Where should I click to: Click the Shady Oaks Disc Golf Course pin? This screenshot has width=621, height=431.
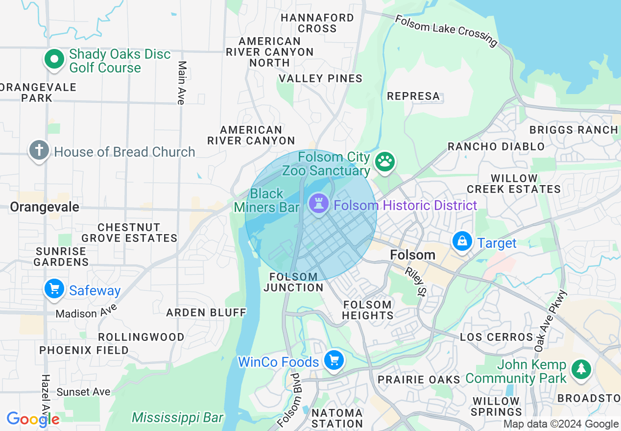[x=55, y=60]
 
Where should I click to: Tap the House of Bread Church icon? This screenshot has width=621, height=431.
[x=39, y=151]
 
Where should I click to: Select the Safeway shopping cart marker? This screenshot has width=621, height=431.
[x=54, y=289]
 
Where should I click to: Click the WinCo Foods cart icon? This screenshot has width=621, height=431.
[x=334, y=361]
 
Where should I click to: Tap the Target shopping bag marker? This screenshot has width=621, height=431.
[x=462, y=241]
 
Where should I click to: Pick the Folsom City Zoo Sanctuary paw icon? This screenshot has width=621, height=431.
[x=385, y=161]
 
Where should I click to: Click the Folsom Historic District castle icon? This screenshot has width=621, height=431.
[x=318, y=203]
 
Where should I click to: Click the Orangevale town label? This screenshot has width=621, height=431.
[x=45, y=207]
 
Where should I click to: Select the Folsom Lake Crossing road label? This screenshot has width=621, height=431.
[x=446, y=30]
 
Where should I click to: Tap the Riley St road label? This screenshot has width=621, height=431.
[x=414, y=281]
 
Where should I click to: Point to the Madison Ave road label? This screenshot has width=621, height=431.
[x=87, y=311]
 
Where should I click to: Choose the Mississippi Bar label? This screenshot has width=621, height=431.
[x=177, y=418]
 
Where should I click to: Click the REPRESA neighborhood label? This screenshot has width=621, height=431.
[x=413, y=96]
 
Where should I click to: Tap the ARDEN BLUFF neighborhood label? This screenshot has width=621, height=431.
[x=206, y=312]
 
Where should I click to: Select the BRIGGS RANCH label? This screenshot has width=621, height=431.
[x=573, y=130]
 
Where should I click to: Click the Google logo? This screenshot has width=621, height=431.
[x=33, y=419]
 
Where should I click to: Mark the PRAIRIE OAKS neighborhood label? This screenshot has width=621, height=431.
[x=419, y=380]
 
